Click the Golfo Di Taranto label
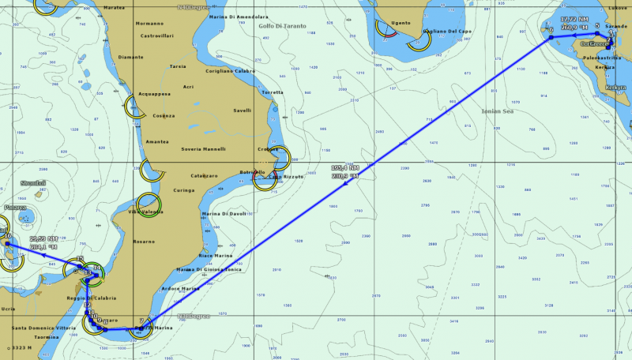pos(276,25)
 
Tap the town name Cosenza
pos(164,116)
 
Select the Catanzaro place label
pos(204,174)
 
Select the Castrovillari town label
pos(156,36)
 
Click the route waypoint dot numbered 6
pos(551,37)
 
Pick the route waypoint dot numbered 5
pos(598,33)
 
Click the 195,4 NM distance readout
pos(345,168)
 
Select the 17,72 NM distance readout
pos(574,18)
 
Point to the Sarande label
pos(616,26)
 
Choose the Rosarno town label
pos(144,242)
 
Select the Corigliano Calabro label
pos(230,71)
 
